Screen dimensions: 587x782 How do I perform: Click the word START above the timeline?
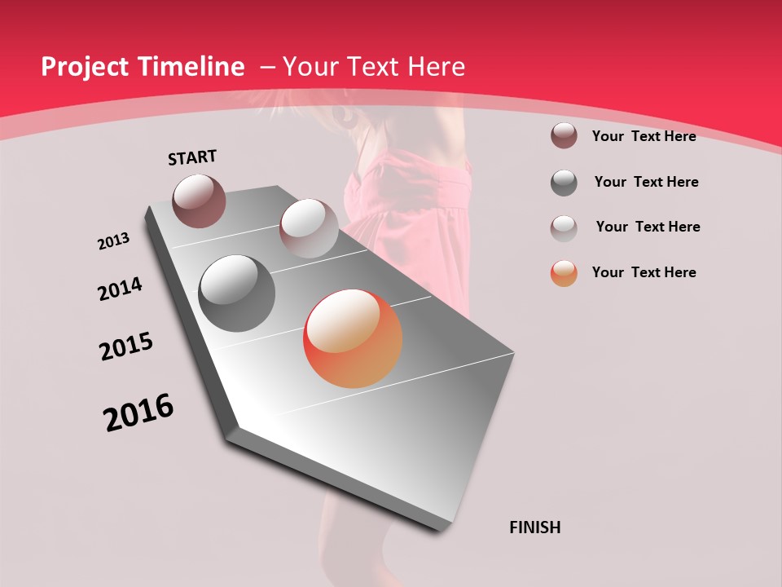point(192,157)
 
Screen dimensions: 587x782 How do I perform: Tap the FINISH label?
point(535,527)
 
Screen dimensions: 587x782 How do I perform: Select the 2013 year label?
point(114,241)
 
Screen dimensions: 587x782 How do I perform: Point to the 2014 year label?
point(121,289)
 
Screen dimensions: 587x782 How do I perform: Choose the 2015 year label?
point(126,346)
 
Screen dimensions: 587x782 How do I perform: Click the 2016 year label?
point(138,413)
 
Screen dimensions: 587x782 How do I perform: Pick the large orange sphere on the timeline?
point(353,338)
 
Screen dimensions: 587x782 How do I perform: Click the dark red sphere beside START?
point(200,201)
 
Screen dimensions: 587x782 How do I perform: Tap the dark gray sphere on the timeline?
point(237,293)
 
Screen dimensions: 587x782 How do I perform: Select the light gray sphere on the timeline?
point(309,228)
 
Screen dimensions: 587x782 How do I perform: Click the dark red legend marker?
point(564,136)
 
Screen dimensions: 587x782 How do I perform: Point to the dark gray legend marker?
point(564,183)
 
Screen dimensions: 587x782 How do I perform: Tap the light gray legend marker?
point(564,227)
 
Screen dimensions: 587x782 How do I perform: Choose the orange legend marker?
point(564,273)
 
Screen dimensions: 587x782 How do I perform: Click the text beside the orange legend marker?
point(644,272)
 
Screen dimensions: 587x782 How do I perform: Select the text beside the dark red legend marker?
point(644,136)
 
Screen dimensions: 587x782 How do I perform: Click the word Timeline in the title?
point(193,67)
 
